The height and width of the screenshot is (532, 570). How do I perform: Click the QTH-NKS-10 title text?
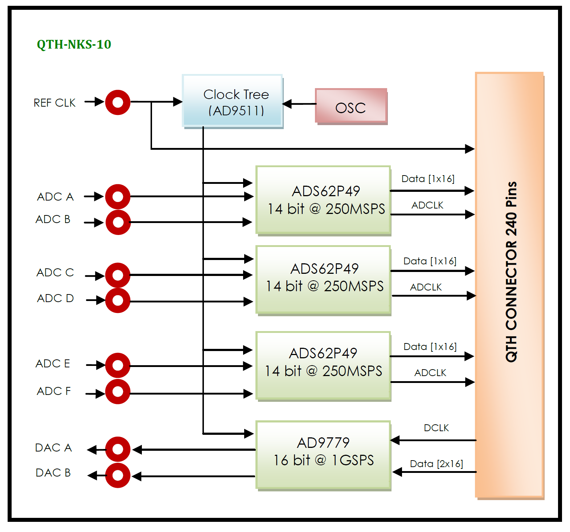pyautogui.click(x=74, y=44)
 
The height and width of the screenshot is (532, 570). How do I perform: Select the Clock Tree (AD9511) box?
pyautogui.click(x=233, y=101)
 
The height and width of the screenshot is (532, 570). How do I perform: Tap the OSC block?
pyautogui.click(x=351, y=107)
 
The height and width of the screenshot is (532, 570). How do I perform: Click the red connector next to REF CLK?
pyautogui.click(x=118, y=102)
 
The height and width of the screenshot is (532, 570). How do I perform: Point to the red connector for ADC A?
pyautogui.click(x=118, y=197)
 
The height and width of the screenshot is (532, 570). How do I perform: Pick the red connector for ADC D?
pyautogui.click(x=118, y=300)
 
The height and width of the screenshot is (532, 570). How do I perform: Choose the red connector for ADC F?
pyautogui.click(x=118, y=392)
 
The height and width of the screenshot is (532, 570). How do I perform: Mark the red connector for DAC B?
pyautogui.click(x=118, y=475)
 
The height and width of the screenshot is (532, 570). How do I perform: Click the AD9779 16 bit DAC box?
pyautogui.click(x=323, y=455)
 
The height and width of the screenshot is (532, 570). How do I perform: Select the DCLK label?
pyautogui.click(x=436, y=428)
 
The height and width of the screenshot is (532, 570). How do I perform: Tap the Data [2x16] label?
pyautogui.click(x=436, y=464)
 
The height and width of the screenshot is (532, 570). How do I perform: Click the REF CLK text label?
pyautogui.click(x=55, y=103)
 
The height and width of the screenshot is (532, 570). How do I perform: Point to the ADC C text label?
pyautogui.click(x=55, y=272)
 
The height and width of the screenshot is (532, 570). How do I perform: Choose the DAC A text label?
pyautogui.click(x=53, y=448)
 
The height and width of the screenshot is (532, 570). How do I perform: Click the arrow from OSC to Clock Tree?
pyautogui.click(x=299, y=104)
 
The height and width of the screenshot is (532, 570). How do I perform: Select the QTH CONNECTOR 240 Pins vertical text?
pyautogui.click(x=511, y=272)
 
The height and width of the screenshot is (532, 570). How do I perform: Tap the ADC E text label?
pyautogui.click(x=53, y=364)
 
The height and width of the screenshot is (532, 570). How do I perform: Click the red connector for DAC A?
pyautogui.click(x=118, y=449)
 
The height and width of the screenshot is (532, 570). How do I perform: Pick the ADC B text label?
pyautogui.click(x=53, y=219)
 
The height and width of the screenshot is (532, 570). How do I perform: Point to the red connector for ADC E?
pyautogui.click(x=118, y=365)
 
